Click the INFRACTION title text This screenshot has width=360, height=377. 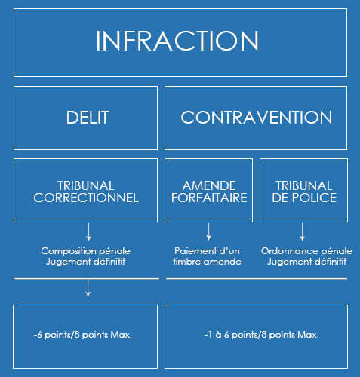(x=177, y=41)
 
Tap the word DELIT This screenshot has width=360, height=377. (x=88, y=118)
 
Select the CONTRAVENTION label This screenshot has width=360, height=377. (x=257, y=118)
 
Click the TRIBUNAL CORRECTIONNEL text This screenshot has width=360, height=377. (x=86, y=192)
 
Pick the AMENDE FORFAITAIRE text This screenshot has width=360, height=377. (x=209, y=192)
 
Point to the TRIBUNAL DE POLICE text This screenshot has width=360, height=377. (x=304, y=192)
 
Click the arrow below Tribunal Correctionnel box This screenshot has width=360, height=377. (x=88, y=231)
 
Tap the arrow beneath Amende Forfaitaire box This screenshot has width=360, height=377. (x=208, y=231)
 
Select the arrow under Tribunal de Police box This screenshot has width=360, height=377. (x=303, y=231)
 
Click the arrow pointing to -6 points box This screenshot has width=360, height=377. (x=88, y=288)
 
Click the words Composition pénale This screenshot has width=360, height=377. (x=85, y=251)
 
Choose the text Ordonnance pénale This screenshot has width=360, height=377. (x=306, y=251)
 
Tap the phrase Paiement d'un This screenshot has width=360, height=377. (x=207, y=251)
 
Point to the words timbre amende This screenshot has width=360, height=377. (x=207, y=262)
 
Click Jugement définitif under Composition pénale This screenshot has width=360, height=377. (x=86, y=262)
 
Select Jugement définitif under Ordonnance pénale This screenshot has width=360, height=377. (x=306, y=262)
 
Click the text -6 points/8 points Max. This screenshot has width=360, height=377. (x=83, y=335)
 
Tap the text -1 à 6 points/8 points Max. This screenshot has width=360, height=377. (x=262, y=335)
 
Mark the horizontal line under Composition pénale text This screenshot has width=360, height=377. (x=87, y=278)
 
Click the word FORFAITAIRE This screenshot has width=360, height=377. (x=209, y=198)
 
